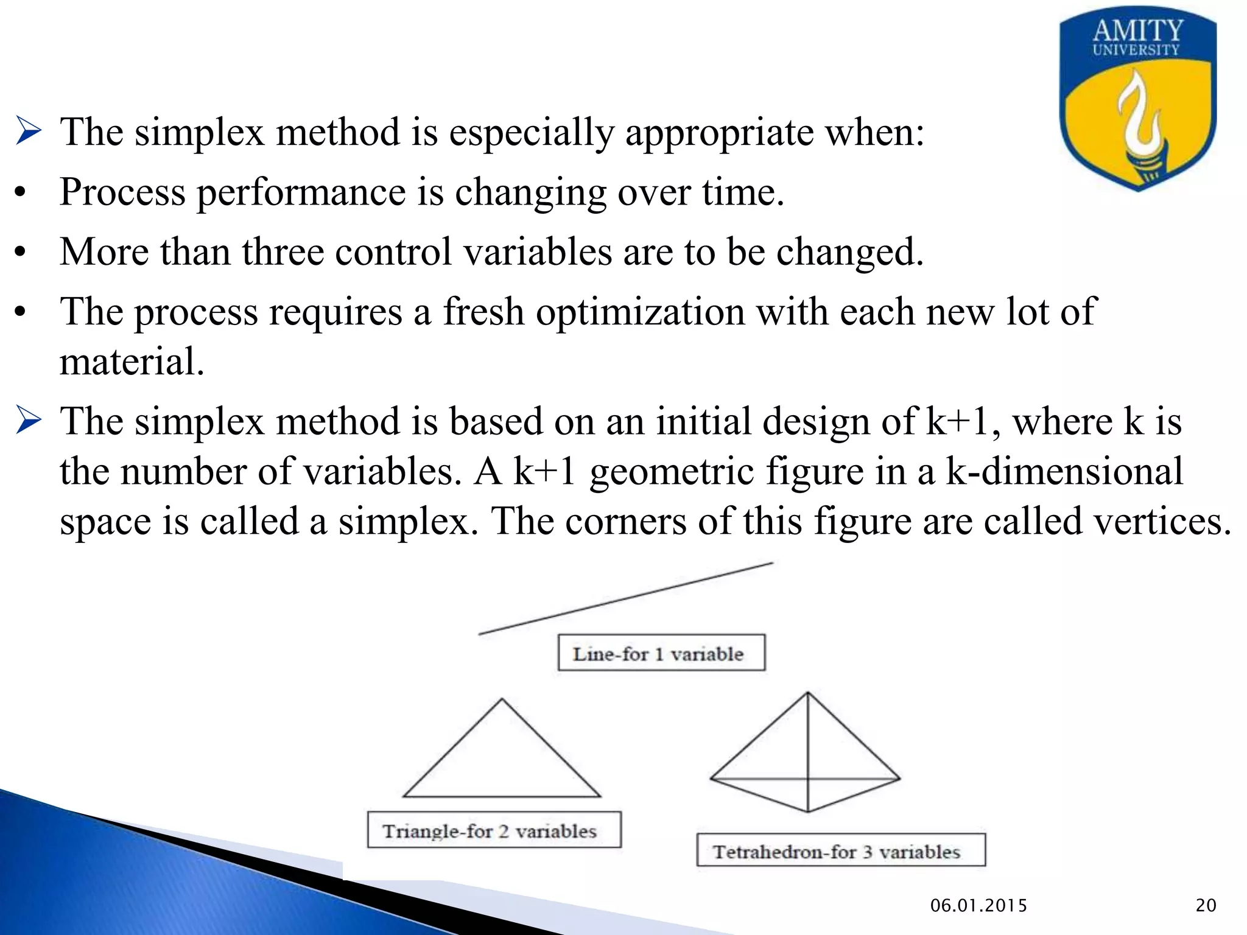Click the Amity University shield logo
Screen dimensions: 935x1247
pyautogui.click(x=1137, y=100)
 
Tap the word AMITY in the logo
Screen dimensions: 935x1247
pyautogui.click(x=1137, y=30)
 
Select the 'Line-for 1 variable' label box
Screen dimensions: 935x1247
pyautogui.click(x=661, y=653)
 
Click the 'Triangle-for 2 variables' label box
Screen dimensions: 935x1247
pyautogui.click(x=494, y=830)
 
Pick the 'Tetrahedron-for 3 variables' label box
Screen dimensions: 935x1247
pyautogui.click(x=840, y=850)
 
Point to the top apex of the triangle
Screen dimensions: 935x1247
pyautogui.click(x=502, y=700)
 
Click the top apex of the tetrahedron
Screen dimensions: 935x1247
pyautogui.click(x=808, y=693)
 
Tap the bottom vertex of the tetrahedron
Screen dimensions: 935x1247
pyautogui.click(x=808, y=811)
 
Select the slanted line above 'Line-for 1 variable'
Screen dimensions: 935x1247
pyautogui.click(x=625, y=598)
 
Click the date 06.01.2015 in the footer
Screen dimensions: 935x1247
pyautogui.click(x=978, y=906)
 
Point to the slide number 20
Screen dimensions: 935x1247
pyautogui.click(x=1206, y=906)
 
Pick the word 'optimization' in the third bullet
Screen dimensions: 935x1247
pyautogui.click(x=640, y=312)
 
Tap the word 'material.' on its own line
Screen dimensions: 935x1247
pyautogui.click(x=132, y=362)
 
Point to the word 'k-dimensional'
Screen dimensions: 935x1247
pyautogui.click(x=1064, y=472)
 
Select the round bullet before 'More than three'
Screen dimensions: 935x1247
pyautogui.click(x=21, y=252)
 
